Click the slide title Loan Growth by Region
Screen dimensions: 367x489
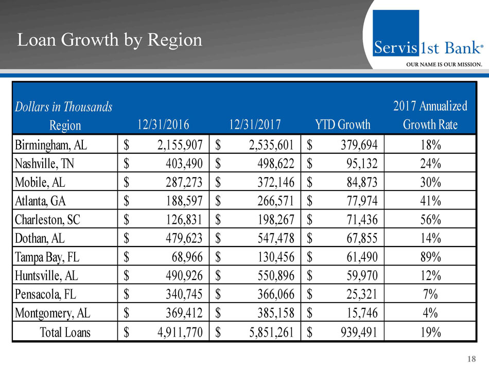110,40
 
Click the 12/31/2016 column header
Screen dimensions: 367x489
164,124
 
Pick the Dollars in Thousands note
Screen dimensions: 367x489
64,107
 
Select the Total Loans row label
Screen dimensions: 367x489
65,332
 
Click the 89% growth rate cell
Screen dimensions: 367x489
430,256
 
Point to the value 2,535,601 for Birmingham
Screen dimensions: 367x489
263,144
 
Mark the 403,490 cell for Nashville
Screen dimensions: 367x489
179,163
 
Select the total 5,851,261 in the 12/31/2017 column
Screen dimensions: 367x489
263,332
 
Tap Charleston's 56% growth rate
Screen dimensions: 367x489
430,219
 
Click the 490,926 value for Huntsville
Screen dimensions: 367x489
179,275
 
